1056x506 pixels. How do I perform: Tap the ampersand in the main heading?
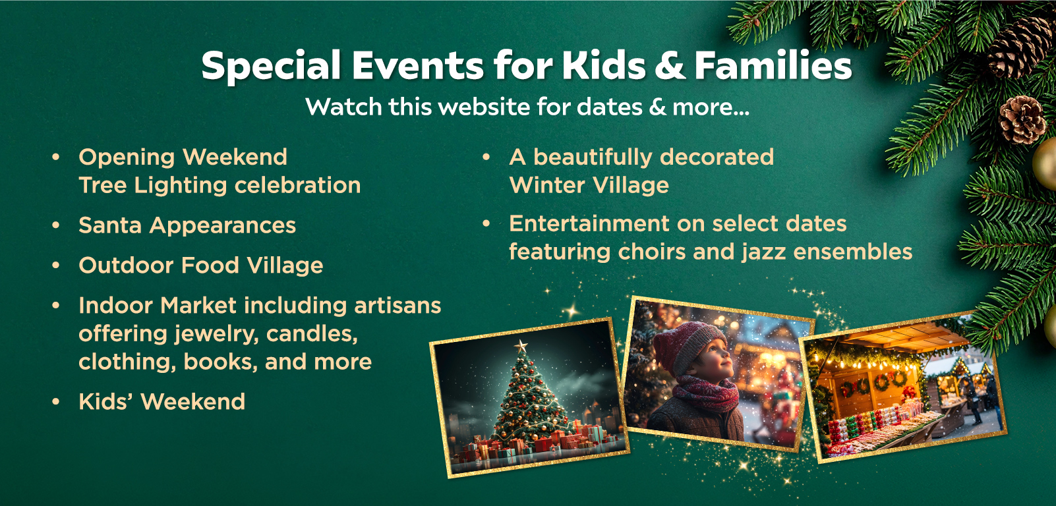pyautogui.click(x=670, y=65)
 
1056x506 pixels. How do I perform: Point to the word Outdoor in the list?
pyautogui.click(x=125, y=266)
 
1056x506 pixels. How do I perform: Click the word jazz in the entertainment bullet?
pyautogui.click(x=764, y=252)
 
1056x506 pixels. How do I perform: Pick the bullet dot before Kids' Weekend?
pyautogui.click(x=56, y=402)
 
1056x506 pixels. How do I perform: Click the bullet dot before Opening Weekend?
pyautogui.click(x=56, y=157)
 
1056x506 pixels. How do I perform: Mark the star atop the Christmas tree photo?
pyautogui.click(x=521, y=347)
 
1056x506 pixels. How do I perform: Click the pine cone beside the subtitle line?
pyautogui.click(x=1022, y=120)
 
